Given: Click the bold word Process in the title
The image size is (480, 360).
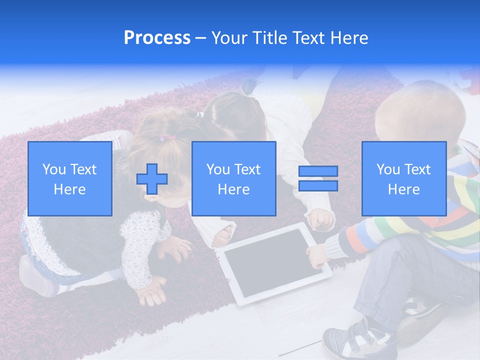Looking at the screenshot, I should [x=157, y=38].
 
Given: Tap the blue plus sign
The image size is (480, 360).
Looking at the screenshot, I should [x=152, y=178].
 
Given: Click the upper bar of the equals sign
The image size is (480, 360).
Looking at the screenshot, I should [x=318, y=171].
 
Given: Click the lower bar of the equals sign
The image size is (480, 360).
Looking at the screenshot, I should [x=318, y=186].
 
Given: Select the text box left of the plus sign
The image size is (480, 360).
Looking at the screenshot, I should [x=69, y=178].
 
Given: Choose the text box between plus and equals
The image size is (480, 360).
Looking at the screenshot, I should [x=233, y=178].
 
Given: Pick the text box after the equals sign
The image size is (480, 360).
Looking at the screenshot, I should [x=403, y=178].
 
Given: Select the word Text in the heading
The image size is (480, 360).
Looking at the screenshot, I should [x=309, y=38].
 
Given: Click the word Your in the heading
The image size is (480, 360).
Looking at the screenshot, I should [x=229, y=38].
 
